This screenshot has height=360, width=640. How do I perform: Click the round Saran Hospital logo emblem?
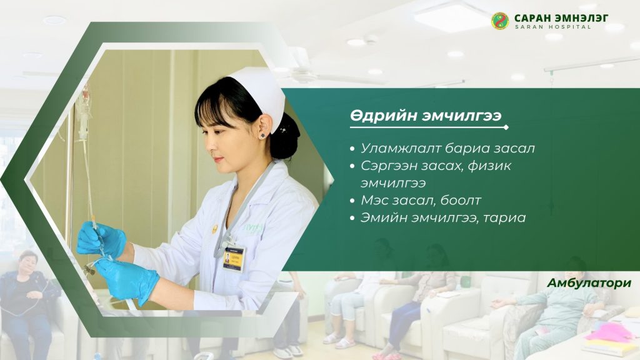click(x=500, y=21)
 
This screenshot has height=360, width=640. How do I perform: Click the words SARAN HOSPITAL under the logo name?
click(x=552, y=27)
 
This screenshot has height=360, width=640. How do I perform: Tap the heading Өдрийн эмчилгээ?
click(x=425, y=116)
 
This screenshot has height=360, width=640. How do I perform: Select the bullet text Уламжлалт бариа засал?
click(x=447, y=148)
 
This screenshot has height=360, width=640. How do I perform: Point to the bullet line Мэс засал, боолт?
click(x=421, y=200)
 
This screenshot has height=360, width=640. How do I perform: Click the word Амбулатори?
click(x=589, y=282)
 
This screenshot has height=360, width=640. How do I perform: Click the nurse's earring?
click(x=262, y=135)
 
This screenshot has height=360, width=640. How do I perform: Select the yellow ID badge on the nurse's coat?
click(x=234, y=259)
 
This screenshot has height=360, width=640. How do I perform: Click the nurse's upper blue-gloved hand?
click(x=101, y=239)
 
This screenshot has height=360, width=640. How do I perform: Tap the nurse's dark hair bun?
click(x=285, y=137)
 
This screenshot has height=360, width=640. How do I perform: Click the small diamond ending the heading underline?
click(x=506, y=127)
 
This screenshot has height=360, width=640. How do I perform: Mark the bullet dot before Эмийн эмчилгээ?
click(x=352, y=218)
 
